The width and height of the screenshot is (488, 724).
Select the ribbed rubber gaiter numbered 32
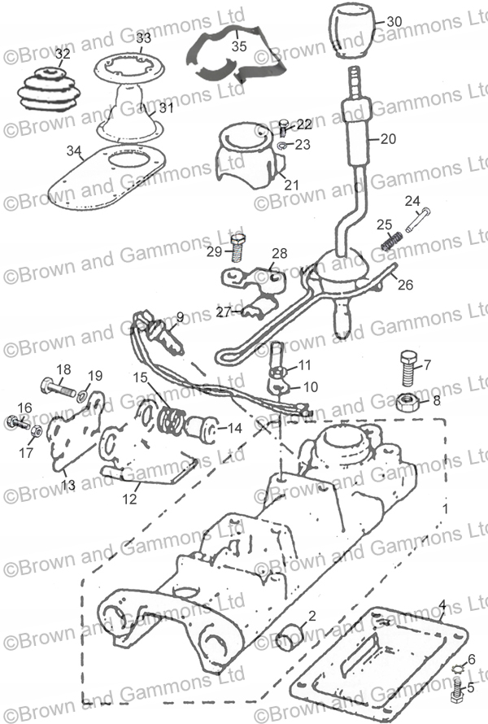click(46, 91)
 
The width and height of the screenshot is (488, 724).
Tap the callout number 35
click(239, 46)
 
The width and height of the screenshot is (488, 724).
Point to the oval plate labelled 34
click(107, 175)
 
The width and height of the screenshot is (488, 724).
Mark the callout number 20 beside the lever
click(388, 138)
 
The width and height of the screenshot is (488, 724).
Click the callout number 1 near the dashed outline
click(445, 509)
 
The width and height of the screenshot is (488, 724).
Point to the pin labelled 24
click(418, 220)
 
